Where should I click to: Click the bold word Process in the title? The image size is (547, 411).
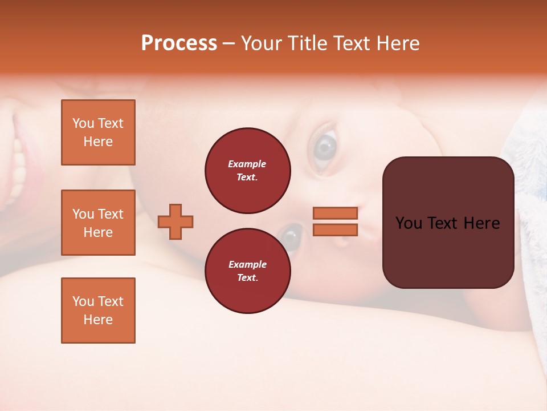click(179, 43)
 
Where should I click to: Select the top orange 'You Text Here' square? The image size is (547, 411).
click(98, 132)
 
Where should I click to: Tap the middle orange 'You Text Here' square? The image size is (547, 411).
click(98, 223)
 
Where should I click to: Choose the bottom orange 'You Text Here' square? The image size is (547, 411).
click(98, 311)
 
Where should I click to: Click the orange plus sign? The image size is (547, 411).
click(175, 221)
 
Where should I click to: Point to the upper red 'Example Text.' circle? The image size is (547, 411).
click(247, 170)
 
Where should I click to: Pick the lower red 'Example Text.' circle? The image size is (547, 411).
click(247, 271)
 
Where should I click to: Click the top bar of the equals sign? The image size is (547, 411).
click(335, 213)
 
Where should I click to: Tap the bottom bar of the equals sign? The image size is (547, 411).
click(335, 230)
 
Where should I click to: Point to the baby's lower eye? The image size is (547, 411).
click(292, 236)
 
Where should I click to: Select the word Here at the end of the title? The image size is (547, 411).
click(398, 43)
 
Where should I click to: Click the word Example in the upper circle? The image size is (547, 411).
click(247, 164)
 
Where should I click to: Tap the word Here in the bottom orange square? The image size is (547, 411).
click(98, 320)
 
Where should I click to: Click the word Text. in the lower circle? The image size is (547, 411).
click(247, 277)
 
